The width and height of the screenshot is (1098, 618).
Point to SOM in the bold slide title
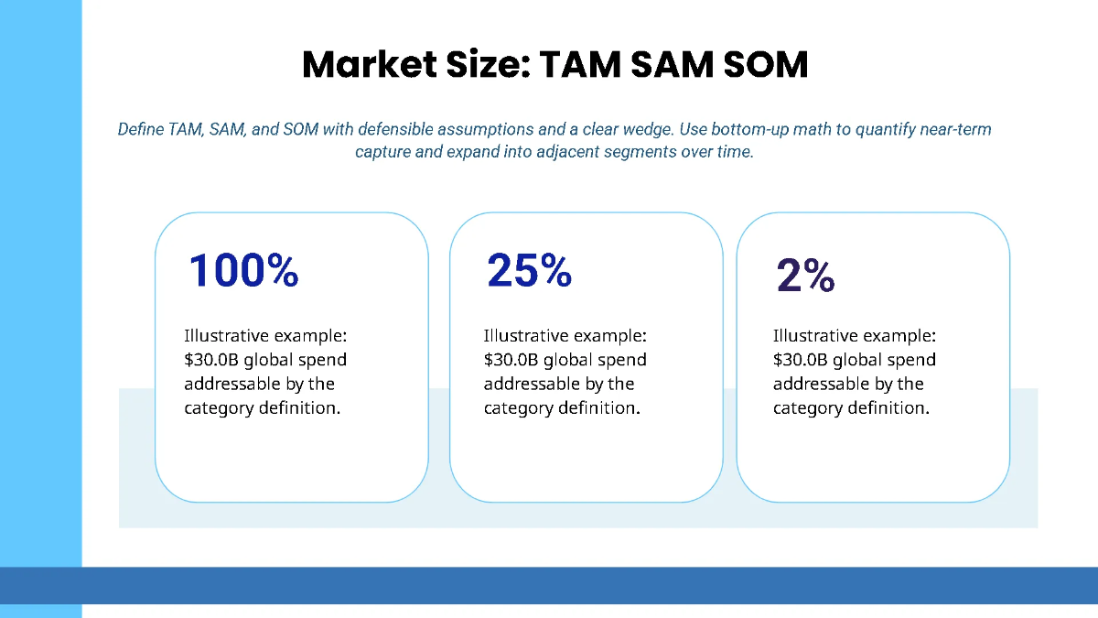coord(761,65)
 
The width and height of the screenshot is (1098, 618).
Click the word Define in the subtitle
coord(141,129)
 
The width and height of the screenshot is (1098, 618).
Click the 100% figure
coord(243,270)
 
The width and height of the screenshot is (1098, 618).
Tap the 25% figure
coord(529,270)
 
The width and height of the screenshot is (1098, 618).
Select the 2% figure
coord(805,276)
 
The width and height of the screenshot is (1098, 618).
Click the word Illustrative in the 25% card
coord(526,336)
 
